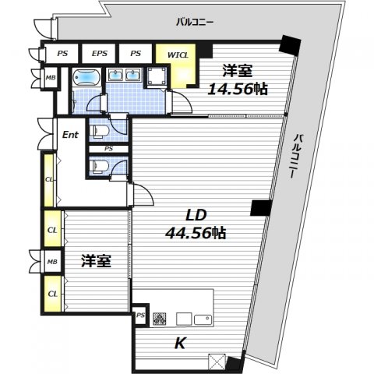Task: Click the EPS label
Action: click(100, 54)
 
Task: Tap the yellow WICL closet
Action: click(178, 65)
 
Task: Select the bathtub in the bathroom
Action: click(86, 77)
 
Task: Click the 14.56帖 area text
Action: click(238, 90)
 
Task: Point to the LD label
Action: click(196, 215)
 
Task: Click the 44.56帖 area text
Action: click(196, 233)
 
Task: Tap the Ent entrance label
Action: click(70, 135)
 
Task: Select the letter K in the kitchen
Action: click(180, 343)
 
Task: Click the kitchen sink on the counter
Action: click(203, 319)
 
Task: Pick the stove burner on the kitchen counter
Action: click(160, 319)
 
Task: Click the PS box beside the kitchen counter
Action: click(140, 316)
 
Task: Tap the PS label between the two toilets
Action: click(109, 149)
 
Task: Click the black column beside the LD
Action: click(261, 208)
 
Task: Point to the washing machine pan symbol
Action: click(157, 76)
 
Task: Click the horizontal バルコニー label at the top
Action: click(195, 22)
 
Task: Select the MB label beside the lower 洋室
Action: click(52, 262)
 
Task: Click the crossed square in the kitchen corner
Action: click(217, 362)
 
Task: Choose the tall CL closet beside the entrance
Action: click(49, 180)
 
